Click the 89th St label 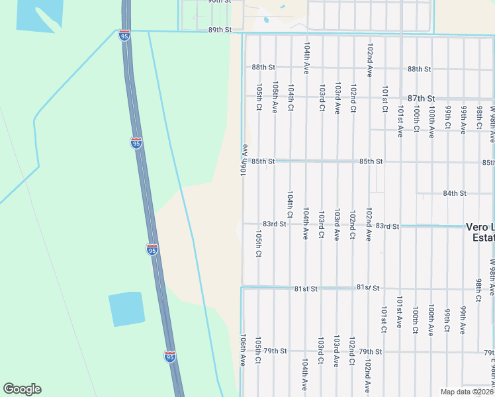coord(220,30)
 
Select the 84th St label coord(455,193)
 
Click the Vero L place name coord(480,226)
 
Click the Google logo coord(22,389)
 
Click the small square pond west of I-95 coord(126,309)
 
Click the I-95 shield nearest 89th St coord(124,35)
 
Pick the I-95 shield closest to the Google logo coord(170,356)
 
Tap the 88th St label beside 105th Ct coord(263,67)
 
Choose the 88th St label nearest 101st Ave coord(419,69)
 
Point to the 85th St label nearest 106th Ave coord(263,161)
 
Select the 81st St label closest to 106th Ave coord(306,288)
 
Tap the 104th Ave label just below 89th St coord(306,59)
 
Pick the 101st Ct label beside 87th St coord(384,100)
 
